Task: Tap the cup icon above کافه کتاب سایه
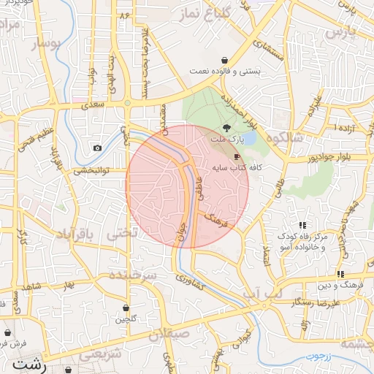click(236, 156)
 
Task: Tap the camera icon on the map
click(97, 148)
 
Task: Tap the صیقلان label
click(169, 335)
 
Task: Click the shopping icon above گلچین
click(128, 308)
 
